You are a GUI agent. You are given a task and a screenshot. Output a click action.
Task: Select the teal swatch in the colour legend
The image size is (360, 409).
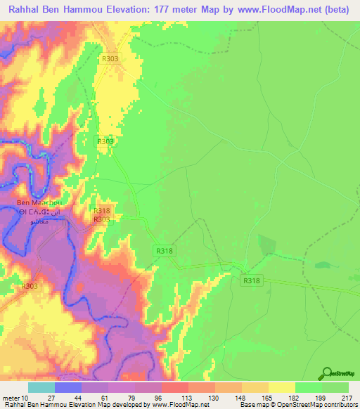[x=41, y=387]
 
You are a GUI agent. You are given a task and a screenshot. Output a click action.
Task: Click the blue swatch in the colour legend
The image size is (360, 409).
[x=68, y=387]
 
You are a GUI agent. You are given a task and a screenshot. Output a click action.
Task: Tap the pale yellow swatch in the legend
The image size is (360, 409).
[x=282, y=387]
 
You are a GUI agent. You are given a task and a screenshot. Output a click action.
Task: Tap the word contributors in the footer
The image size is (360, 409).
[x=340, y=405]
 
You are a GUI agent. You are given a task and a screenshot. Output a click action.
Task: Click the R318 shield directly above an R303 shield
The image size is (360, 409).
[x=101, y=211]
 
